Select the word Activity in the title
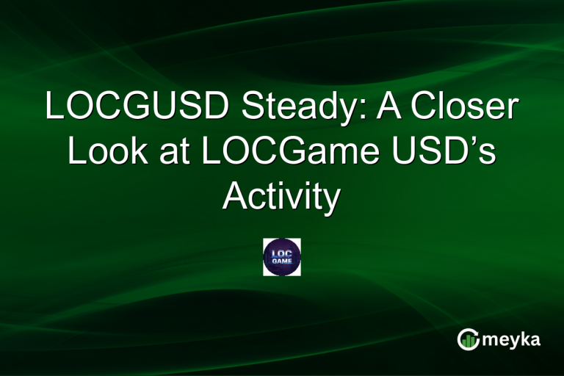[x=281, y=197]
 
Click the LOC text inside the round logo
[x=281, y=252]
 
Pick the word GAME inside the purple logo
[x=281, y=262]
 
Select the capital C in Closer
[x=424, y=107]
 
